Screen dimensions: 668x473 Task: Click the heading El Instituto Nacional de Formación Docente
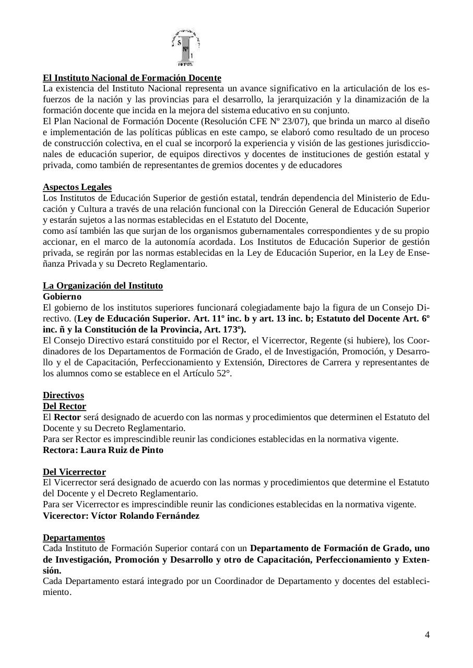click(132, 78)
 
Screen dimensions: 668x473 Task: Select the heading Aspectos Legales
click(77, 187)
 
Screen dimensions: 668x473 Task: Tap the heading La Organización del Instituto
click(103, 285)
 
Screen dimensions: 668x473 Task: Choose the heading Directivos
click(63, 395)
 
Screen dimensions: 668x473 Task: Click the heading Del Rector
click(64, 406)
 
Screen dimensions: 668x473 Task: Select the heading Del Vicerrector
click(74, 472)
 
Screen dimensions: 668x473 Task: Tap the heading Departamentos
click(74, 538)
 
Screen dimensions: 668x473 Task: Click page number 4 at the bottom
click(427, 635)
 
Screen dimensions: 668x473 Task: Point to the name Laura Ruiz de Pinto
click(122, 450)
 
